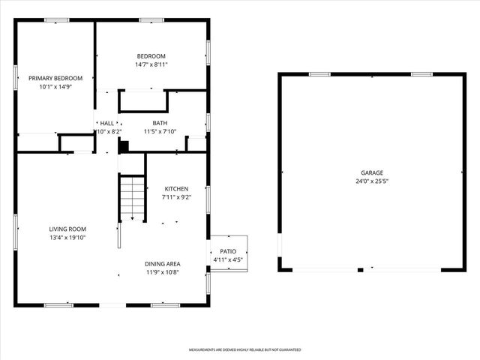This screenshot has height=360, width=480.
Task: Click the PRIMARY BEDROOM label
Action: (55, 78)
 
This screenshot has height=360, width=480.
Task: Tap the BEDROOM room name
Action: (151, 56)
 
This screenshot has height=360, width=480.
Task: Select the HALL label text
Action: (107, 123)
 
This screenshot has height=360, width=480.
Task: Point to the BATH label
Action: (160, 123)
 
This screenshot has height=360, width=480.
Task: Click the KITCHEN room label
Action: (176, 189)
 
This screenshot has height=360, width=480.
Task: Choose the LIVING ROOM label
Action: (67, 229)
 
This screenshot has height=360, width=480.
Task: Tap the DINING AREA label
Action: (163, 264)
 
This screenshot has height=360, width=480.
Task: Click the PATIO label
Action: (228, 252)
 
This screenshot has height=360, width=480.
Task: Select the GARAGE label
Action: (370, 172)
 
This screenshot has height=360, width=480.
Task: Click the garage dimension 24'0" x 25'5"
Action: (370, 181)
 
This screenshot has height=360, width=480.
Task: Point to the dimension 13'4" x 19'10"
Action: (67, 238)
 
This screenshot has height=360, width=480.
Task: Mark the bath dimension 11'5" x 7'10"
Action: (160, 132)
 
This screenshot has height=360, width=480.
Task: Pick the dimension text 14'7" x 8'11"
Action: (151, 65)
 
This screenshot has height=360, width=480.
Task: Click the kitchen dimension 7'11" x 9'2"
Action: (176, 198)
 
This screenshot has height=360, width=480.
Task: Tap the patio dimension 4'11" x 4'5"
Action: (228, 261)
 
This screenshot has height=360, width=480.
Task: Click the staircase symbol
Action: (132, 198)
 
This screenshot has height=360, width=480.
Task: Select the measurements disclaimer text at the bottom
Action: (244, 350)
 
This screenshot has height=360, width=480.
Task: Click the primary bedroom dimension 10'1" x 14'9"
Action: (55, 87)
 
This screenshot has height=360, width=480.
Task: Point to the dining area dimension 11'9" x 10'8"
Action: (163, 273)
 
